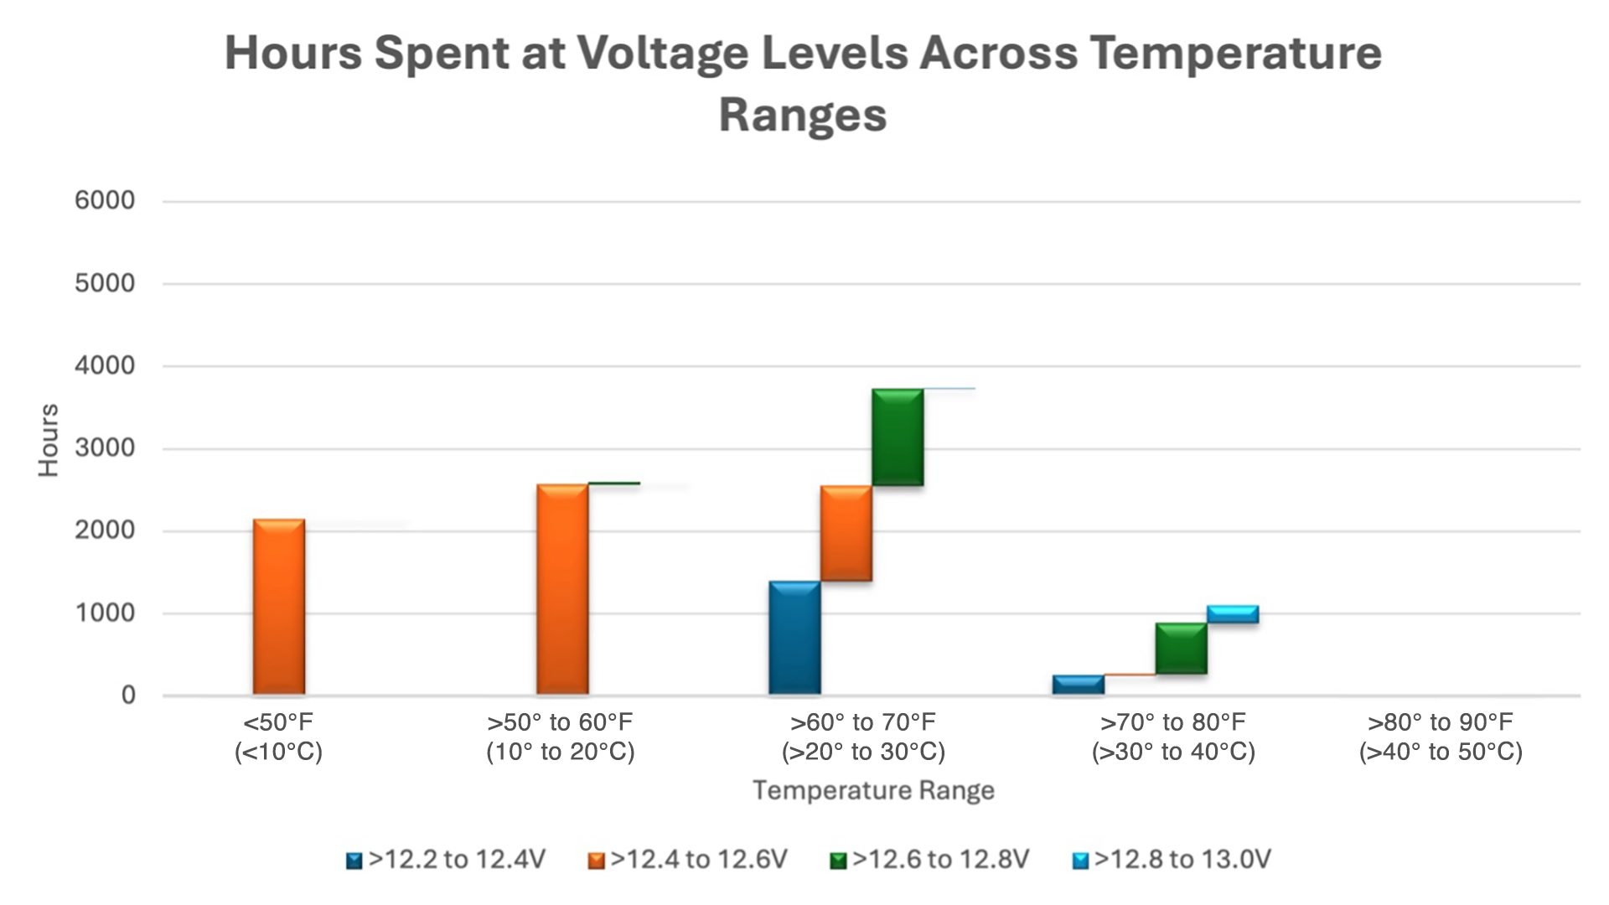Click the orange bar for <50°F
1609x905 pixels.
pyautogui.click(x=279, y=607)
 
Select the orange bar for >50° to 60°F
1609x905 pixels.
pyautogui.click(x=562, y=589)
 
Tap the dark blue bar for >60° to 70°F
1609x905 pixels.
pyautogui.click(x=794, y=638)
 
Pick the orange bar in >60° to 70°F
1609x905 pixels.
pyautogui.click(x=846, y=533)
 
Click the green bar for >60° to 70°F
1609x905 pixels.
pyautogui.click(x=898, y=437)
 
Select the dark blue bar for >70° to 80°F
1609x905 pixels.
pyautogui.click(x=1079, y=685)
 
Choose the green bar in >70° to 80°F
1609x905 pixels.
pyautogui.click(x=1181, y=649)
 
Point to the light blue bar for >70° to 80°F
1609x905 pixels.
pyautogui.click(x=1233, y=614)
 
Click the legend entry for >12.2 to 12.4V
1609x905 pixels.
pyautogui.click(x=446, y=860)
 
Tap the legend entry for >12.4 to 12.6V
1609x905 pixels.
pyautogui.click(x=688, y=860)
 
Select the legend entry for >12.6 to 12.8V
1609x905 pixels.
pyautogui.click(x=929, y=860)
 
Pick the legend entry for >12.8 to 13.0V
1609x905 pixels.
pyautogui.click(x=1172, y=860)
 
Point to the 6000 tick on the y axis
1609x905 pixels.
pyautogui.click(x=105, y=201)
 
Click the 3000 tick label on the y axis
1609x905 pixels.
pyautogui.click(x=105, y=448)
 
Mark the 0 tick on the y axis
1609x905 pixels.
pyautogui.click(x=128, y=696)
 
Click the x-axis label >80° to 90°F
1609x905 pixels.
pyautogui.click(x=1441, y=737)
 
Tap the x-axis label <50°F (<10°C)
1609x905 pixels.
pyautogui.click(x=278, y=737)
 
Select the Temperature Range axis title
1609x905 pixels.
pyautogui.click(x=873, y=790)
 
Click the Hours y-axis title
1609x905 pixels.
pyautogui.click(x=49, y=440)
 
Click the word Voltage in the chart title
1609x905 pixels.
pyautogui.click(x=662, y=54)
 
